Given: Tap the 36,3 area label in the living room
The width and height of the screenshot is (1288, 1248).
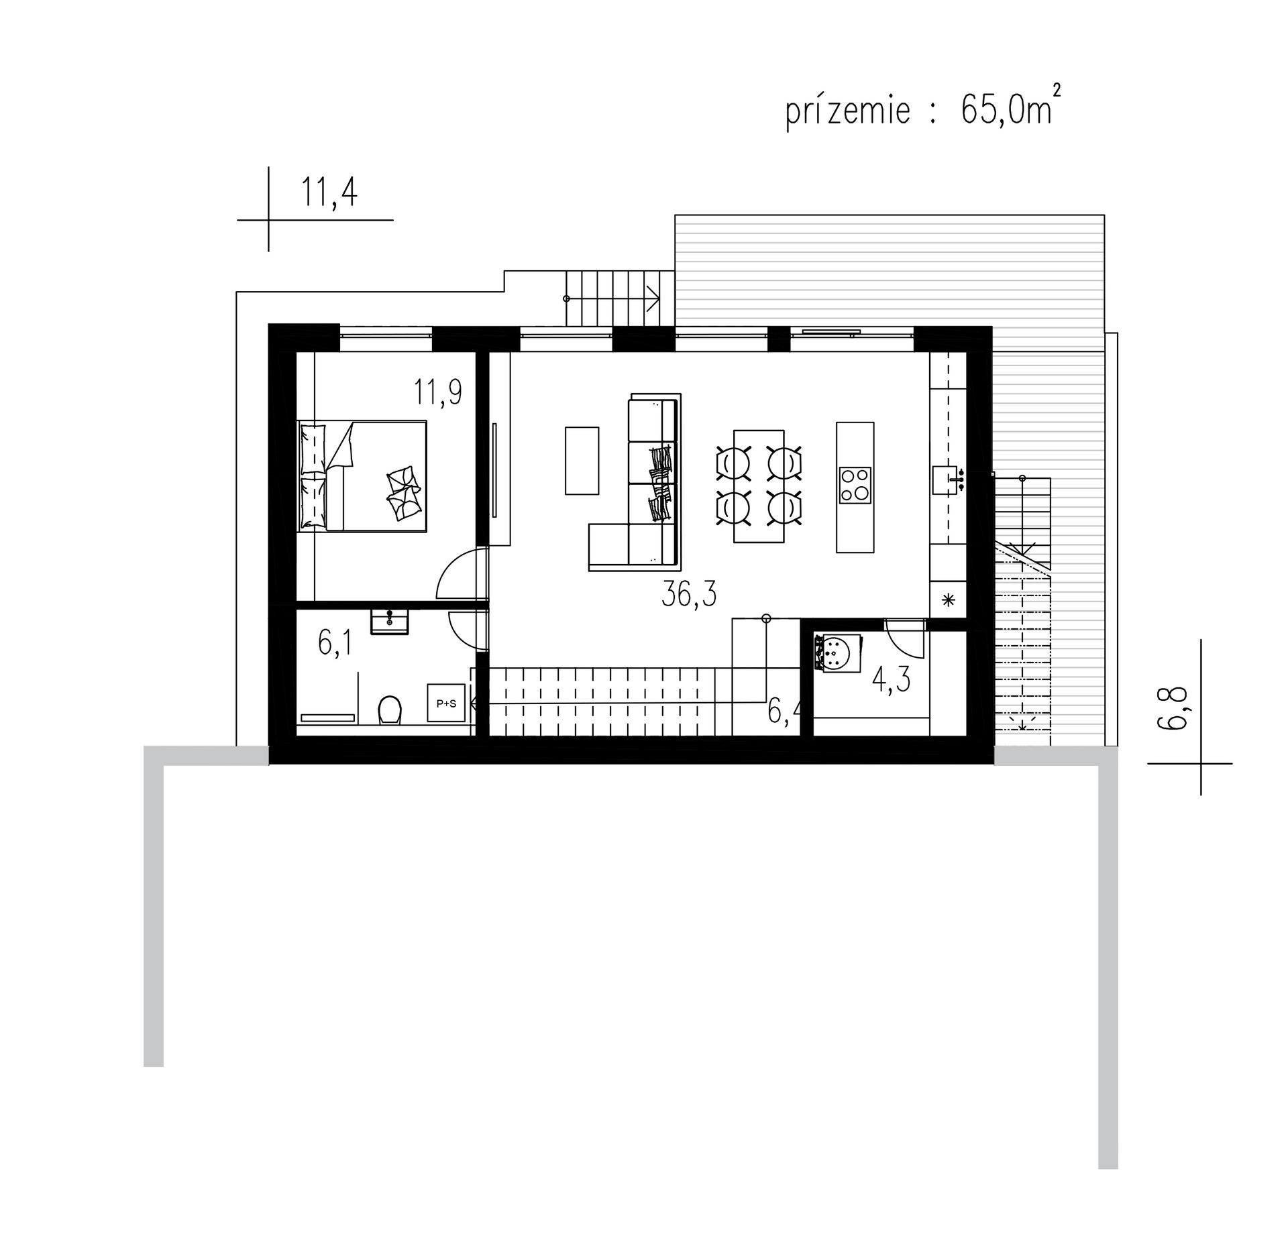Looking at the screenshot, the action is click(689, 594).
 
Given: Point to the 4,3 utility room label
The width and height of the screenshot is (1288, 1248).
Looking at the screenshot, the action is click(891, 680).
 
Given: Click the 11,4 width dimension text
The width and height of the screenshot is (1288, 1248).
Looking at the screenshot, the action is click(329, 192).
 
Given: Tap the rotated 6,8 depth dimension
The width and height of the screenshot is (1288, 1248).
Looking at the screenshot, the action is click(1191, 708).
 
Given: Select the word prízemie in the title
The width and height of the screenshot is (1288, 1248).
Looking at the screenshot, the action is click(848, 111).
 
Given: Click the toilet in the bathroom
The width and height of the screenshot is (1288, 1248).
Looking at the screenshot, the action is click(390, 710).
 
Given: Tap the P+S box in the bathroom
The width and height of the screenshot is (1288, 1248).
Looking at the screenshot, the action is click(446, 703).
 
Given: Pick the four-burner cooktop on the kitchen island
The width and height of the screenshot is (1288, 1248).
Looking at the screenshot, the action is click(855, 485).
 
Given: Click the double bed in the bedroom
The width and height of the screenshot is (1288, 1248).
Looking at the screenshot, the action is click(362, 476).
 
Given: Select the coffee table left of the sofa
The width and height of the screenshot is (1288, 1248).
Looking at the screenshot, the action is click(582, 461).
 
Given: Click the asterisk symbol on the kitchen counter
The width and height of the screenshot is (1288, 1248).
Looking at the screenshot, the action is click(949, 600).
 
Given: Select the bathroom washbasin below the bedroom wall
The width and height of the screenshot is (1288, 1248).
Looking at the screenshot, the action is click(389, 620).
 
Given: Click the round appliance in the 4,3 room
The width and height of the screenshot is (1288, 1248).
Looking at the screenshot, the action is click(837, 653).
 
